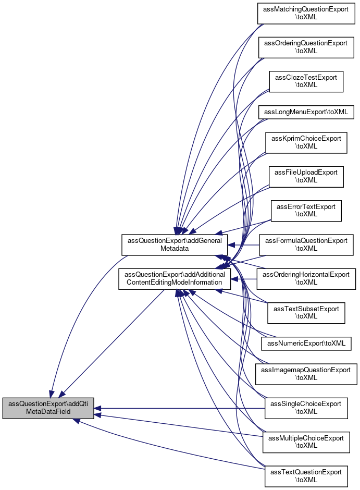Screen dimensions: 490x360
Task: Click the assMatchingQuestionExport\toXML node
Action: [x=306, y=13]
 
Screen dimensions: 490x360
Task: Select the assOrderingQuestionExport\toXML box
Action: [x=306, y=47]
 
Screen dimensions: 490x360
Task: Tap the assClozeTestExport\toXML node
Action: [x=306, y=81]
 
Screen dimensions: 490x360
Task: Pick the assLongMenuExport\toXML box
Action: [x=306, y=112]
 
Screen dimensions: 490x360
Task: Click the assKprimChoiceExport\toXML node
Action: [x=306, y=142]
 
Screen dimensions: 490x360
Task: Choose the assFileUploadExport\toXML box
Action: [x=306, y=176]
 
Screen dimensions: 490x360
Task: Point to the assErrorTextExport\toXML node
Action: [x=306, y=210]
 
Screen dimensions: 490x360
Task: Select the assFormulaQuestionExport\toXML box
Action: [x=306, y=244]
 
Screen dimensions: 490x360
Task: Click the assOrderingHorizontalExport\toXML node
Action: [x=306, y=278]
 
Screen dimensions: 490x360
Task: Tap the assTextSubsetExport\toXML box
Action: [x=306, y=312]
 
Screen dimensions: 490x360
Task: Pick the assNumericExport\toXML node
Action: [x=306, y=344]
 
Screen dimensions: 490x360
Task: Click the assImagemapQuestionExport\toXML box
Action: [x=306, y=374]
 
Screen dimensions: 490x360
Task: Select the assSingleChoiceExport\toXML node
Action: [x=306, y=408]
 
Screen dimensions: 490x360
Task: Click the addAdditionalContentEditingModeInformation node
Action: [x=175, y=278]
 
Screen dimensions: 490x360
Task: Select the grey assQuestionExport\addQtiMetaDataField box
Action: [x=48, y=408]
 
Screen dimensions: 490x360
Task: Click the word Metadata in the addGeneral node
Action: [x=175, y=249]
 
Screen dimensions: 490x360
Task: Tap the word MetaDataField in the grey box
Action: [x=48, y=412]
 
